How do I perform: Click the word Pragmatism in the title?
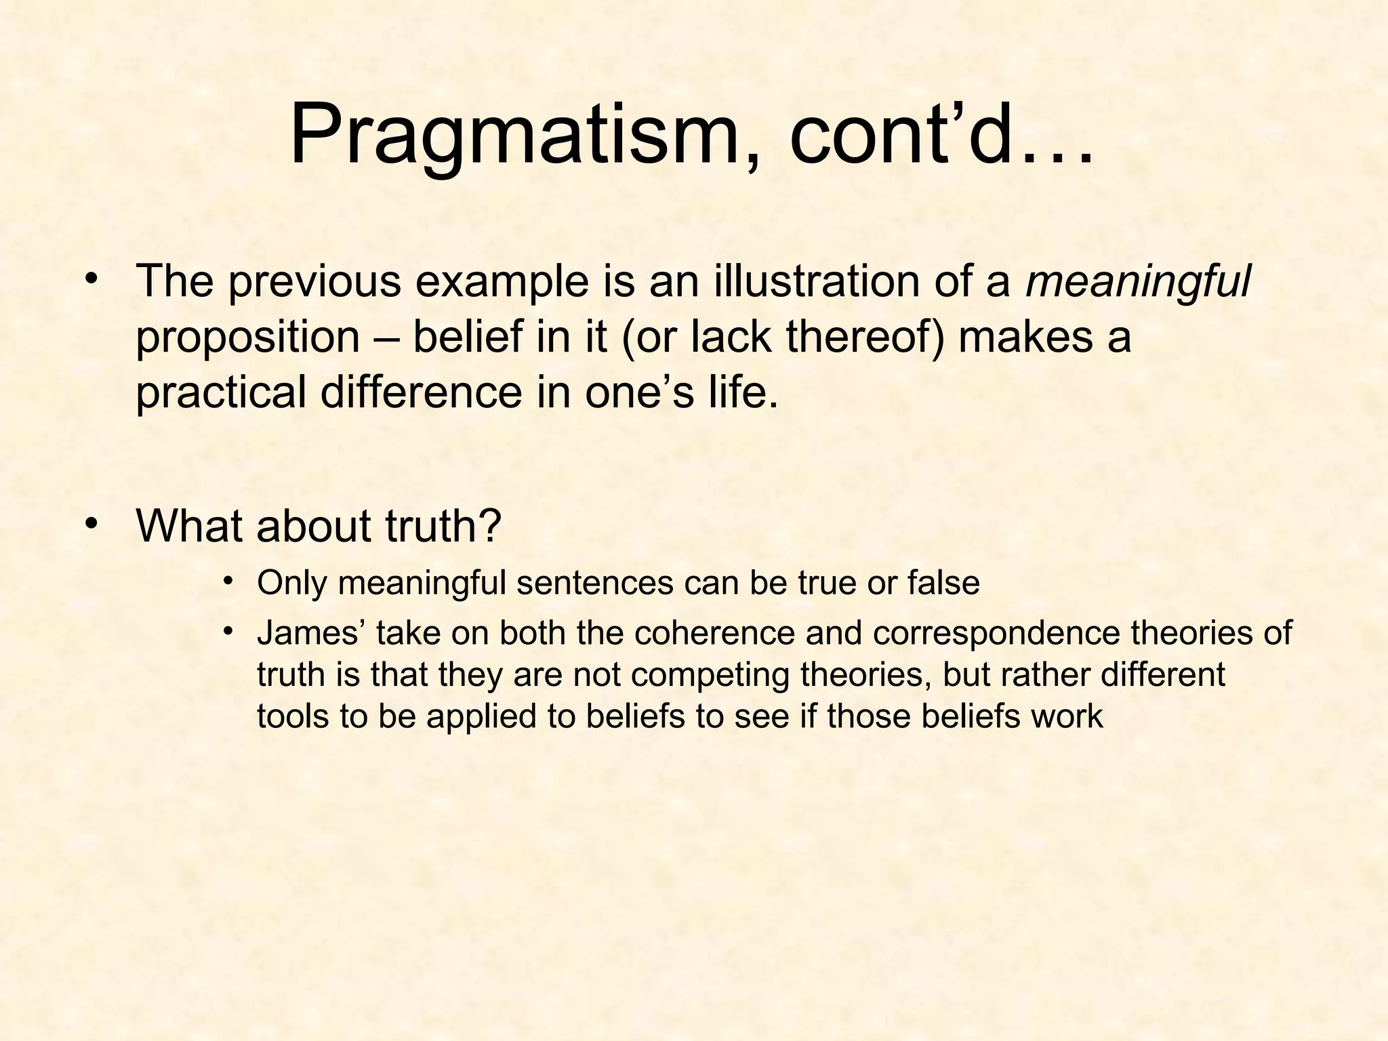click(x=515, y=136)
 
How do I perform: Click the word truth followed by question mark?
click(x=434, y=526)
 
